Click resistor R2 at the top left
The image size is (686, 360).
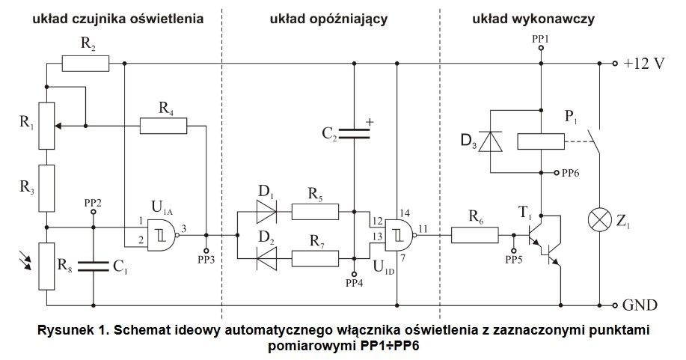(x=85, y=63)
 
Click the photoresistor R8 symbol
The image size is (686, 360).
(x=46, y=264)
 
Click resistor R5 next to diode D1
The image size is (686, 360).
(x=315, y=212)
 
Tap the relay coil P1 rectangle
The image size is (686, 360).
(x=540, y=141)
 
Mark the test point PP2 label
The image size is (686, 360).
(x=94, y=202)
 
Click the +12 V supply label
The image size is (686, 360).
(x=644, y=64)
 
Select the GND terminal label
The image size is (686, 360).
(x=640, y=305)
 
